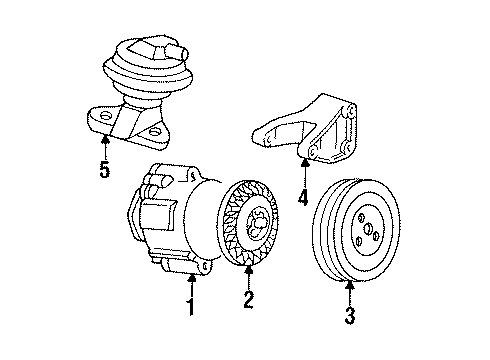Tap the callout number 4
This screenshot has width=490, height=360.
[x=301, y=198]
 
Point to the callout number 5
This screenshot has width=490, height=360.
[x=104, y=170]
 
